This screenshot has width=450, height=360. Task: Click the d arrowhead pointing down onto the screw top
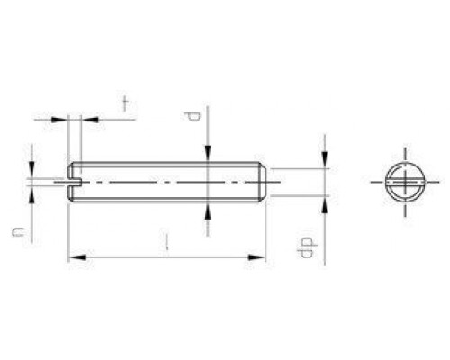click(209, 157)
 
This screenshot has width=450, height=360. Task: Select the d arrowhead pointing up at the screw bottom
click(209, 210)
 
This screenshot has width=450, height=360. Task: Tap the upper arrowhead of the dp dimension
click(324, 163)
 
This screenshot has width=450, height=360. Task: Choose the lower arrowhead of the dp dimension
click(324, 201)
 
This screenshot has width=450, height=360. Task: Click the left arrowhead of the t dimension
click(62, 118)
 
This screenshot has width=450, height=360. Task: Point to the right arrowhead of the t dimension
click(86, 118)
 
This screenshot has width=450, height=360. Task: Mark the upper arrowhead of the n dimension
click(32, 171)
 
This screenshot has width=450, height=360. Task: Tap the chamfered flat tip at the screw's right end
click(264, 181)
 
